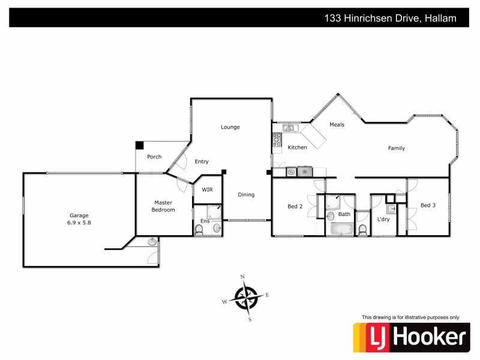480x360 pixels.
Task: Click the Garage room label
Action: (79, 215)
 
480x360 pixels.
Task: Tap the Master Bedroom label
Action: (163, 206)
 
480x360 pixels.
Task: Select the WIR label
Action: (207, 190)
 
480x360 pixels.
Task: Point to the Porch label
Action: (154, 157)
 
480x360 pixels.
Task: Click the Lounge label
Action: (230, 127)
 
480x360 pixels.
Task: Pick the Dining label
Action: (246, 194)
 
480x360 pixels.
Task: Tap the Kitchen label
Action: (297, 148)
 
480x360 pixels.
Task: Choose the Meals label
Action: (337, 125)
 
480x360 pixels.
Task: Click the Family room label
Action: (396, 148)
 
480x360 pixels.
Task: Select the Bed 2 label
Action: (295, 206)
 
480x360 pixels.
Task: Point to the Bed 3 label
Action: (428, 205)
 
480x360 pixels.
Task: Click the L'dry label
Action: (383, 220)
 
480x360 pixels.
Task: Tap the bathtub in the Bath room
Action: (340, 229)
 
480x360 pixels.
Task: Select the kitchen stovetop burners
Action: (277, 140)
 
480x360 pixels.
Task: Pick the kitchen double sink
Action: (289, 127)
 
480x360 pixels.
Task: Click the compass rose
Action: (247, 297)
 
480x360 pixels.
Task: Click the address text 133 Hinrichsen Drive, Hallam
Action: (390, 18)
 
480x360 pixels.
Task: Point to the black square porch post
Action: (140, 145)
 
